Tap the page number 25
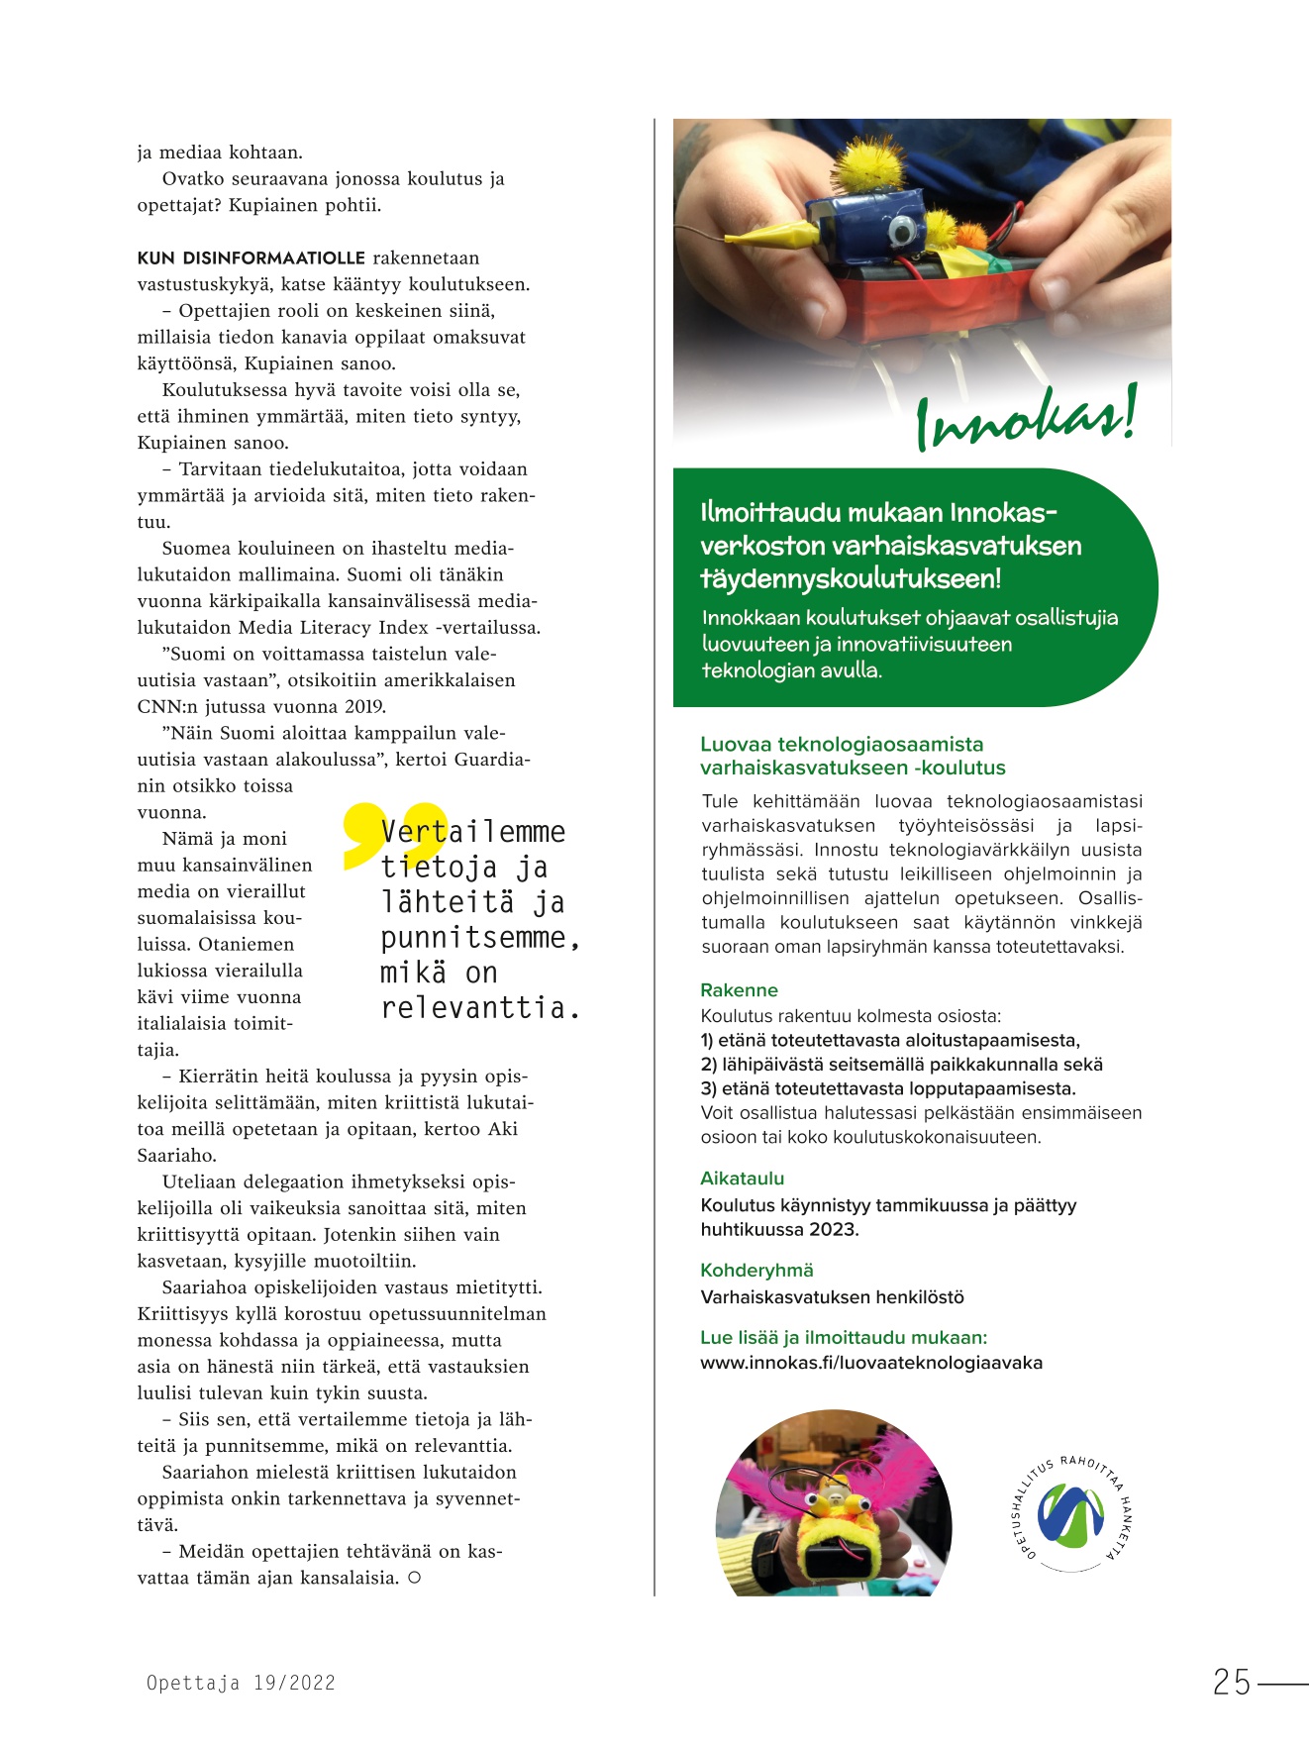1232,1683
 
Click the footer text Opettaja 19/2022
241,1683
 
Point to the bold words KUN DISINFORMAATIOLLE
251,258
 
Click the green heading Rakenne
739,990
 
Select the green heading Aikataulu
742,1179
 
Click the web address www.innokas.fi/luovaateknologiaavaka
871,1363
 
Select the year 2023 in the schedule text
834,1230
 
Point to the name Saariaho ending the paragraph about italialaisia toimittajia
176,1156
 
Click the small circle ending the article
414,1578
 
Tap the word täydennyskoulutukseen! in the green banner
851,578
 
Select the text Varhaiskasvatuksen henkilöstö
832,1297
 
